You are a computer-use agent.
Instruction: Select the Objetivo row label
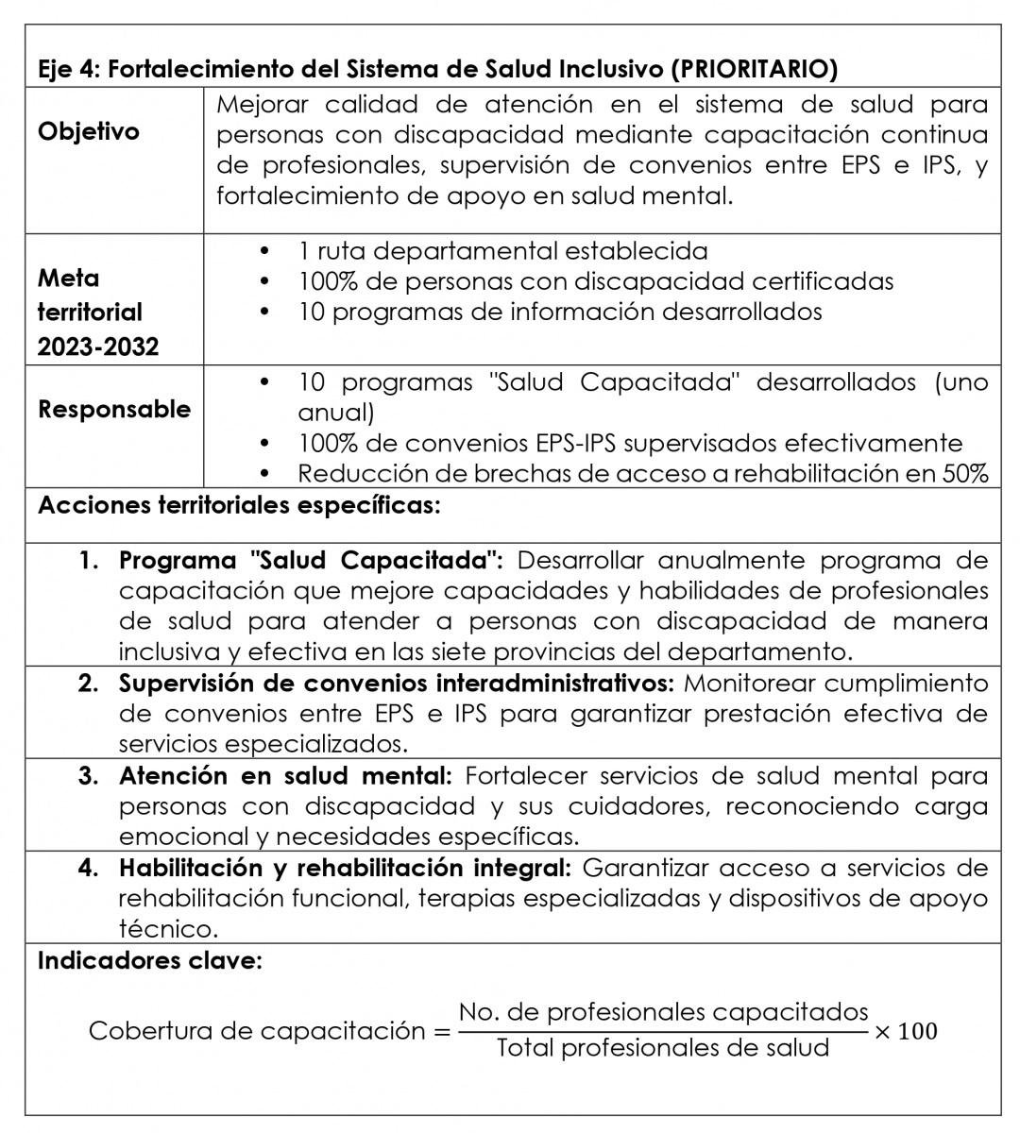[89, 131]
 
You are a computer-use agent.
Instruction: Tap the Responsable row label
[114, 410]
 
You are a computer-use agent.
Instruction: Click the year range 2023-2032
[98, 347]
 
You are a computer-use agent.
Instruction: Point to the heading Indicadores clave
[149, 961]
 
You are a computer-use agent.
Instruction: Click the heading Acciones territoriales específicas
[239, 505]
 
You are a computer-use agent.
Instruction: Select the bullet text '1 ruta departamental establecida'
[502, 251]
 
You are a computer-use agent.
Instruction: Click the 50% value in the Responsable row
[964, 474]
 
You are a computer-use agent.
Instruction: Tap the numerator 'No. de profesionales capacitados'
[663, 1012]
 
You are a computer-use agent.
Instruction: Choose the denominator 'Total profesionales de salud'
[663, 1047]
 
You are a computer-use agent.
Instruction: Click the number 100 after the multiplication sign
[917, 1031]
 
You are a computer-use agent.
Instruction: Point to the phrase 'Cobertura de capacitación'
[257, 1031]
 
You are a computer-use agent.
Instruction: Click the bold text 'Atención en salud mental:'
[285, 776]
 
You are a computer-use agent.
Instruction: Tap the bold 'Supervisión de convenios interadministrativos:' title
[397, 683]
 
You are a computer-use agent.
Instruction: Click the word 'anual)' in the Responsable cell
[336, 414]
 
